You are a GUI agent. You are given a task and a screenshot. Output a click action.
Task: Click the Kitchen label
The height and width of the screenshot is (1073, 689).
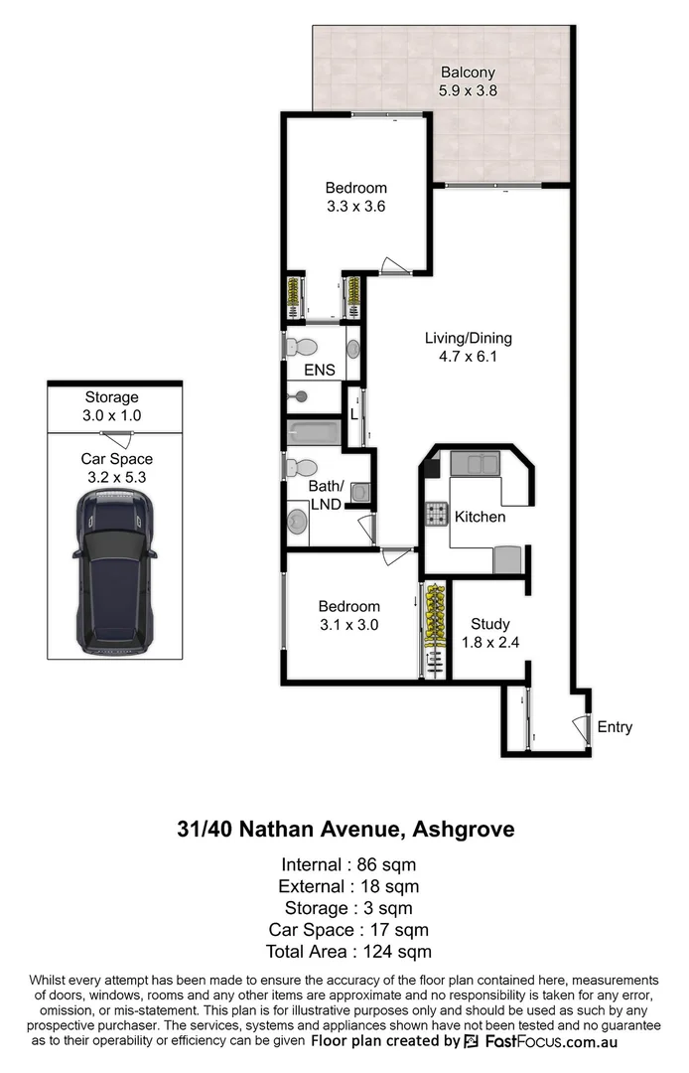[x=480, y=517]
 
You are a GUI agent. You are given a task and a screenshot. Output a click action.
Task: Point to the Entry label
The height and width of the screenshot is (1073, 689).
[x=615, y=727]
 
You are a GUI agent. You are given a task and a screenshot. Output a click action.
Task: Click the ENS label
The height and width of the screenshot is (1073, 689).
[x=320, y=371]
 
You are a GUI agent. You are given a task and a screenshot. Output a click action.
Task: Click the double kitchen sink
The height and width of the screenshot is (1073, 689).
[x=475, y=463]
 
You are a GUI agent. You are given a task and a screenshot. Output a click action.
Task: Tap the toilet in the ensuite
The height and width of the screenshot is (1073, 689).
[x=300, y=347]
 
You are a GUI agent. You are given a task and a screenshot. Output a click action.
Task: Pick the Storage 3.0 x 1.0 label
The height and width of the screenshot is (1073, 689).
[x=110, y=406]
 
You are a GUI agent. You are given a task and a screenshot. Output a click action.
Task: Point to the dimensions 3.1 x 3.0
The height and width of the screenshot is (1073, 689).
[x=348, y=625]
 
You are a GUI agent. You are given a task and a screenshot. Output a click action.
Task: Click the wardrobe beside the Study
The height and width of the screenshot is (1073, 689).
[x=435, y=630]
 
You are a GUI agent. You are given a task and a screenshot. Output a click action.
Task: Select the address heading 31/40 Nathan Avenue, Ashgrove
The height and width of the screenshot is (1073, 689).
[x=345, y=829]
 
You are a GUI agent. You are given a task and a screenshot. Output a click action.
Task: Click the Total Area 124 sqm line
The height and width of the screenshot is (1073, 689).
[x=345, y=952]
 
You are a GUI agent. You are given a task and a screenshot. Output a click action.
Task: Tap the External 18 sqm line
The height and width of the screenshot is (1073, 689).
[x=345, y=885]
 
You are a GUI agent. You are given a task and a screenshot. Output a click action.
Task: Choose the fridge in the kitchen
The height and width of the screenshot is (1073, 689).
[x=508, y=559]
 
